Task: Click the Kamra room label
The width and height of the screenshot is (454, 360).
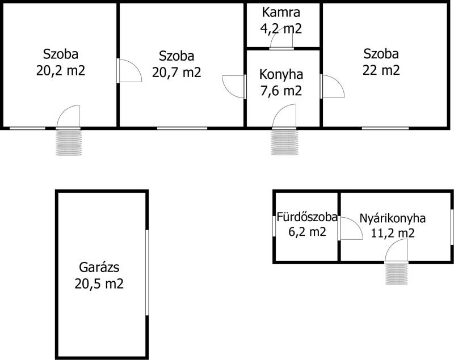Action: pos(281,12)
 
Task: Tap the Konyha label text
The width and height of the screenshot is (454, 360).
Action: pos(281,75)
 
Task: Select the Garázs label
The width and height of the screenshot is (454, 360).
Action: pos(99,268)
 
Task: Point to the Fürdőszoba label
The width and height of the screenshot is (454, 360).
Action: pos(307,217)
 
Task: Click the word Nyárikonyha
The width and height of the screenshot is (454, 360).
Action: pos(392,218)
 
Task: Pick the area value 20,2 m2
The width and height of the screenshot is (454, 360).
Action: pos(61,70)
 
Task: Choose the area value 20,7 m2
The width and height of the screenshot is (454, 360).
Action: pos(176,72)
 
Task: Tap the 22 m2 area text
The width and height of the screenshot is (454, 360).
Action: pos(381,70)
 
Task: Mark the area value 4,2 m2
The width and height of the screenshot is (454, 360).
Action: pos(281,28)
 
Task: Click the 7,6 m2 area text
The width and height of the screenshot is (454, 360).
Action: pos(281,91)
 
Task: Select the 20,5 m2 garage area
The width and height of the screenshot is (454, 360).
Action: pos(99,283)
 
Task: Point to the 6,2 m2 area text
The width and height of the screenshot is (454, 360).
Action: pos(307,232)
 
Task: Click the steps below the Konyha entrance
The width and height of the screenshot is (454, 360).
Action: pos(284,142)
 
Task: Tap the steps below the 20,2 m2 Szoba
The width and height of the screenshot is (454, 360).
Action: pos(69,142)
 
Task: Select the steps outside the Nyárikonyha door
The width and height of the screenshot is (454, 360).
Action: pos(396,274)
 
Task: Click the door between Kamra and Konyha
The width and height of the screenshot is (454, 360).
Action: pos(281,38)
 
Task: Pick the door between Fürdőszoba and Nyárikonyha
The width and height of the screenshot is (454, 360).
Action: pos(350,228)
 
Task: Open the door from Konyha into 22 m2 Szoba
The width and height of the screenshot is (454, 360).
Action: pos(333,86)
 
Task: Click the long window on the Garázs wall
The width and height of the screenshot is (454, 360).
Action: pos(147,272)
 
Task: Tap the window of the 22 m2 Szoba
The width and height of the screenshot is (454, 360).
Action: pos(385,128)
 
